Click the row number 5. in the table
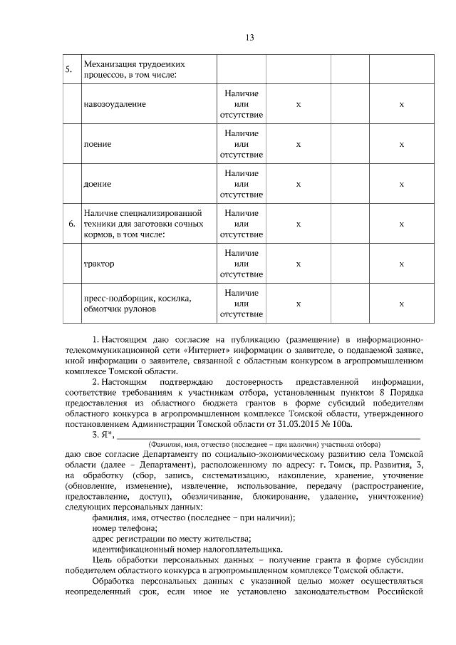[69, 70]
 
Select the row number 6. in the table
[71, 224]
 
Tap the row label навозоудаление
[115, 104]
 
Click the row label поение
[98, 144]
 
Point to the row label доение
[98, 184]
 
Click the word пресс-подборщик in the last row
[118, 299]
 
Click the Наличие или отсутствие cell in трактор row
[242, 264]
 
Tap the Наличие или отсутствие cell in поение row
[242, 144]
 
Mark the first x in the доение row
[299, 184]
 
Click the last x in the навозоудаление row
[401, 104]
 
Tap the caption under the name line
[264, 443]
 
